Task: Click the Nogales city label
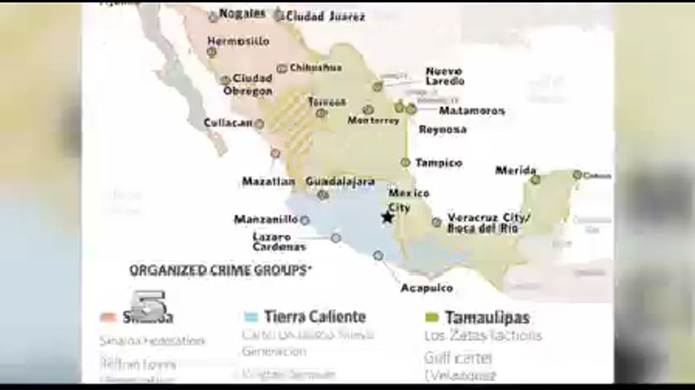coord(243,14)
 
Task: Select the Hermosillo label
coord(238,41)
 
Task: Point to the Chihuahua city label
coord(316,68)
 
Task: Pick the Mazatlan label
coord(268,181)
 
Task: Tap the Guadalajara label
coord(340,181)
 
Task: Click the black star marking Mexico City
coord(387,217)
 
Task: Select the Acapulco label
coord(426,288)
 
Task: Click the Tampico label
coord(439,162)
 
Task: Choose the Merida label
coord(516,171)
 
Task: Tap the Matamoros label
coord(472,110)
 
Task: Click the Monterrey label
coord(374,121)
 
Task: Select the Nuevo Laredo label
coord(444,76)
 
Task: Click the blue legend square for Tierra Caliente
coord(251,317)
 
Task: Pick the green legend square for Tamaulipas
coord(431,317)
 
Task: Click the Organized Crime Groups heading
coord(221,271)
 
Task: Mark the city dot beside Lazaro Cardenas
coord(336,238)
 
